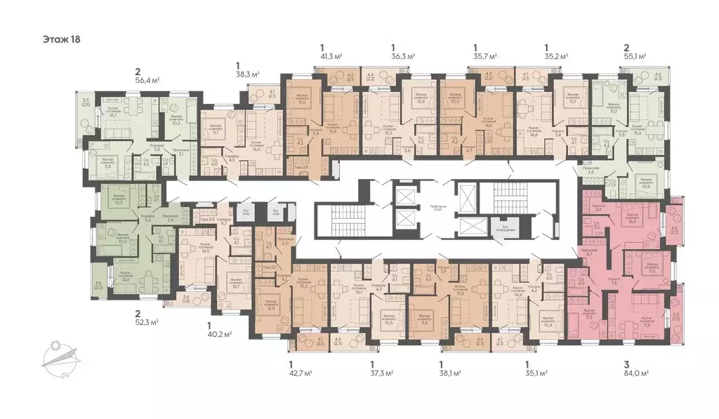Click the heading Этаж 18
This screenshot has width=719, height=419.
tap(62, 39)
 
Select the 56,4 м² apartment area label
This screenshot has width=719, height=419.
tap(149, 79)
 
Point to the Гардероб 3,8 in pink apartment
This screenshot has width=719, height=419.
tap(599, 207)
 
